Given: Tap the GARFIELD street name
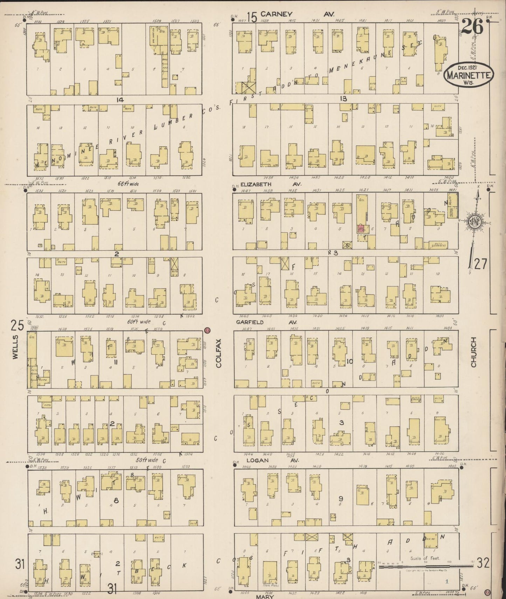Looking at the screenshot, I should coord(250,322).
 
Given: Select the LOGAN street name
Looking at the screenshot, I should coord(257,461).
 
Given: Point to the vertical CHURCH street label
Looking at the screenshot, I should coord(473,352).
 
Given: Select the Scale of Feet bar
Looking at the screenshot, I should coord(425,566).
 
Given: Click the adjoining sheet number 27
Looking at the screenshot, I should coord(480,264).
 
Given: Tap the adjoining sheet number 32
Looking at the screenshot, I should coord(483,563).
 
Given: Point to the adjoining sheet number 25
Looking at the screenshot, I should coord(17,326).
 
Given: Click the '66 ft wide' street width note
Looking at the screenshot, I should coord(129,183).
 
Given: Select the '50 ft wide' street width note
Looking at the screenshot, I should coord(147,460).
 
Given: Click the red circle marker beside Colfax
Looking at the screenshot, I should coord(207,330).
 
